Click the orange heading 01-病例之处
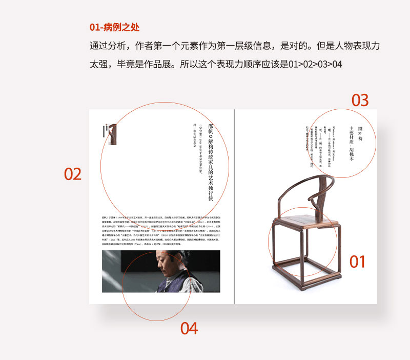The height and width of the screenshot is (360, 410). [114, 27]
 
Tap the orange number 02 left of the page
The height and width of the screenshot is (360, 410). [73, 174]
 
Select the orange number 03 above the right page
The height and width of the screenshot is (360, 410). [360, 100]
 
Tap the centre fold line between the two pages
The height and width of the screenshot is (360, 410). [234, 205]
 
